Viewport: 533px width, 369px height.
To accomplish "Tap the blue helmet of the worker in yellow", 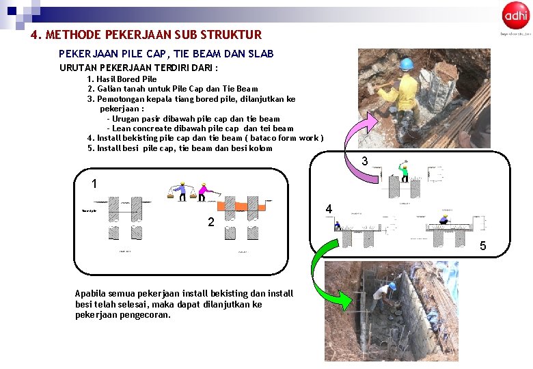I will tap(407, 65).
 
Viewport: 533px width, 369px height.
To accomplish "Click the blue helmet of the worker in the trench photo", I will tap(392, 286).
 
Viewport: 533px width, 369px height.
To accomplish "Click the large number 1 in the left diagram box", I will tap(94, 184).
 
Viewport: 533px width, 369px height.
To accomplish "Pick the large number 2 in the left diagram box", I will tap(211, 222).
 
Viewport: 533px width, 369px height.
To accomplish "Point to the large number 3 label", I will tap(365, 162).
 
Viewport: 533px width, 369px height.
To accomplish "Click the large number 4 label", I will tap(329, 209).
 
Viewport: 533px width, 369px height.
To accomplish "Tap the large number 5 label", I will tap(482, 246).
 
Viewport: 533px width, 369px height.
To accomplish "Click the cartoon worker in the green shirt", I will tap(404, 172).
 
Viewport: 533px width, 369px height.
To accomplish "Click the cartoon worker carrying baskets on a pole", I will tap(181, 191).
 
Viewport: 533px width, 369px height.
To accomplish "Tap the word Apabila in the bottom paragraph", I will tap(90, 293).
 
